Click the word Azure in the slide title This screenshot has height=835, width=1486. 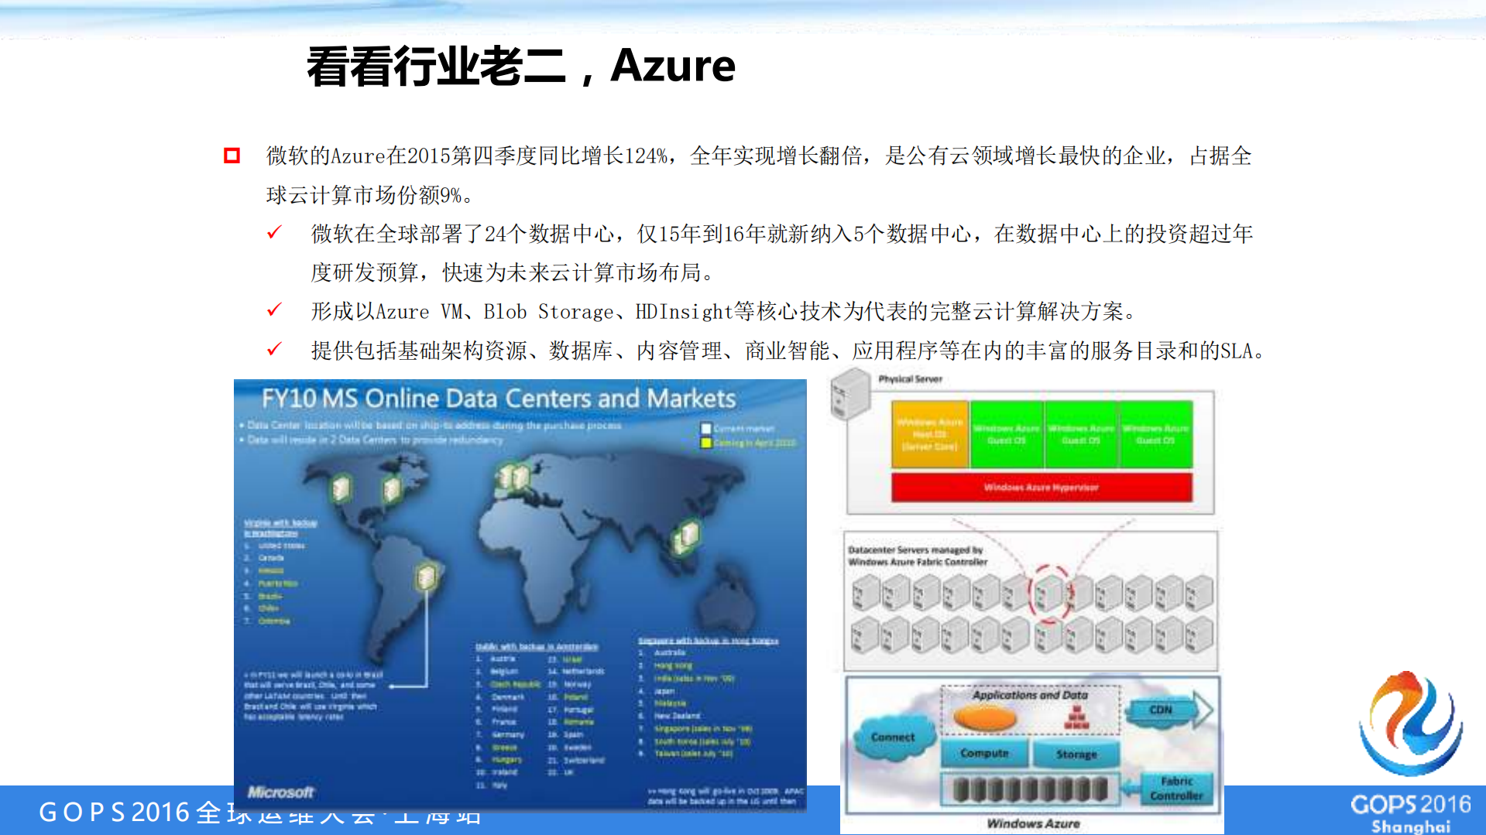pyautogui.click(x=672, y=66)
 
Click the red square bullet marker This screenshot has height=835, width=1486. pyautogui.click(x=232, y=156)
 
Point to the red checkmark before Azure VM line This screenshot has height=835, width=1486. pyautogui.click(x=274, y=310)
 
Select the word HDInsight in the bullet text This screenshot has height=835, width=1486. pyautogui.click(x=683, y=312)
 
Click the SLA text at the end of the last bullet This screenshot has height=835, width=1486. pyautogui.click(x=1237, y=351)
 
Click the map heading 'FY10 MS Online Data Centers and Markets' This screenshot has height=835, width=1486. pyautogui.click(x=498, y=399)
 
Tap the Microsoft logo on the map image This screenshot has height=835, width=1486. pyautogui.click(x=280, y=792)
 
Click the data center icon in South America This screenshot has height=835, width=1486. pyautogui.click(x=425, y=577)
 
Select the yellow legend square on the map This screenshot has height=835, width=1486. pyautogui.click(x=705, y=443)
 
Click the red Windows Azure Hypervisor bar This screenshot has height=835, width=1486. pyautogui.click(x=1041, y=488)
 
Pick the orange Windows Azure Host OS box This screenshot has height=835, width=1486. pyautogui.click(x=929, y=434)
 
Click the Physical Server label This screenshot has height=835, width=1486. pyautogui.click(x=910, y=379)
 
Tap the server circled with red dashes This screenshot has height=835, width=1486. pyautogui.click(x=1048, y=594)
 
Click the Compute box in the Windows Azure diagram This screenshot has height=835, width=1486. pyautogui.click(x=984, y=753)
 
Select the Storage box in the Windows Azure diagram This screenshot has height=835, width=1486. pyautogui.click(x=1076, y=754)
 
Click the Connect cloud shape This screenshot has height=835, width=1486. pyautogui.click(x=892, y=737)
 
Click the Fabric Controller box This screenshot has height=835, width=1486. pyautogui.click(x=1175, y=789)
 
